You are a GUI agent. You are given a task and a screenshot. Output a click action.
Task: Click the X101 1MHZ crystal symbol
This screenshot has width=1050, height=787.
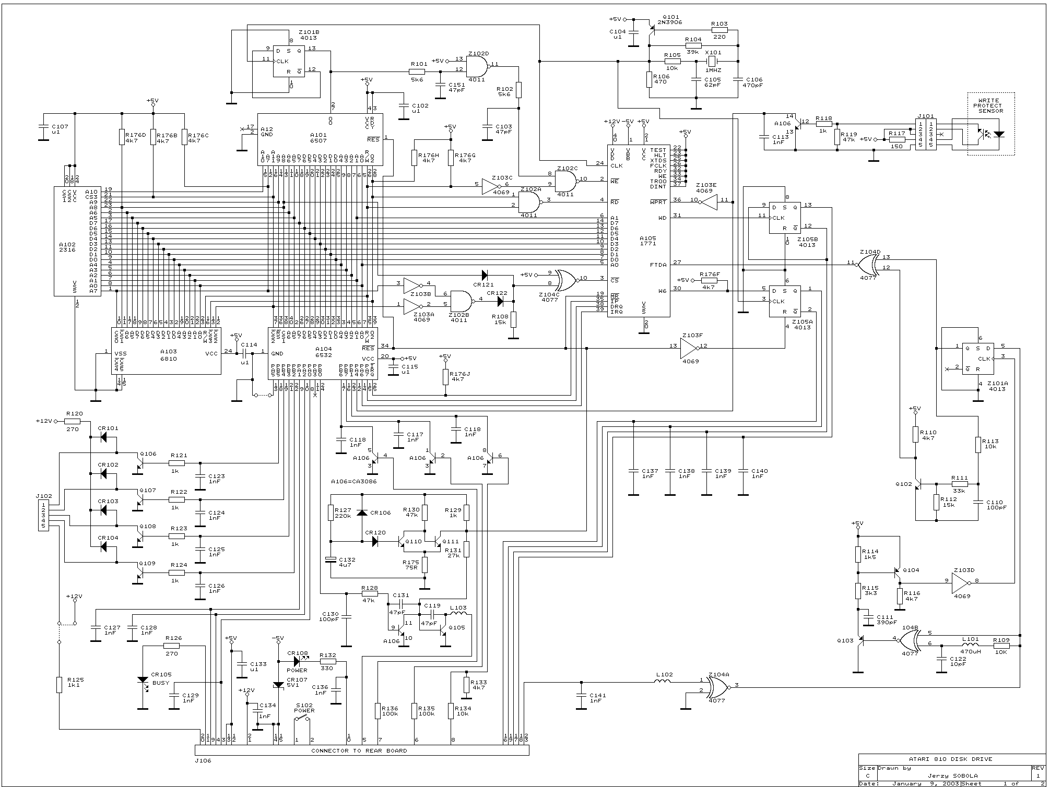pos(711,62)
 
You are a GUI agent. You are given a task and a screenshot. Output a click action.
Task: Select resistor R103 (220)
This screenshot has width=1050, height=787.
pos(719,30)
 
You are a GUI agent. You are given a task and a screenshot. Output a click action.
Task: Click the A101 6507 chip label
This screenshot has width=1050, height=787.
pos(318,137)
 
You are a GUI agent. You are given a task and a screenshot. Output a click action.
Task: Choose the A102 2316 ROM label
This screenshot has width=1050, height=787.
pos(67,246)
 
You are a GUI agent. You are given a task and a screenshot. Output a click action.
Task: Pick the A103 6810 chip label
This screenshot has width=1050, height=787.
pos(168,355)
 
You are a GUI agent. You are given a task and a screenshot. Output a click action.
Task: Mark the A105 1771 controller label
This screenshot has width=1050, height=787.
pos(647,241)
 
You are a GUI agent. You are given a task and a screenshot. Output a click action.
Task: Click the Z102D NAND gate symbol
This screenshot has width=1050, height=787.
pos(477,66)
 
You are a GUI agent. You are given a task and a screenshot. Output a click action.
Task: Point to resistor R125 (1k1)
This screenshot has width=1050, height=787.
pos(60,684)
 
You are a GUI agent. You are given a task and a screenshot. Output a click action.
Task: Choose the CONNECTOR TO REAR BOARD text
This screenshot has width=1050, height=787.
pos(359,750)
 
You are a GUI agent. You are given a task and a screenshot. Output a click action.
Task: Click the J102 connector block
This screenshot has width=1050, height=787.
pos(43,515)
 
